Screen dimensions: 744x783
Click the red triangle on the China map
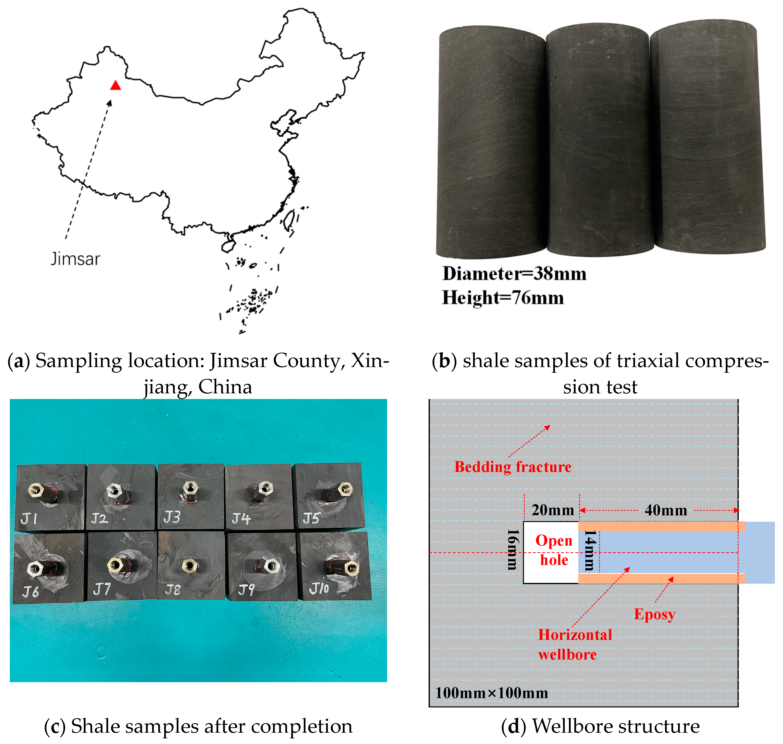[116, 85]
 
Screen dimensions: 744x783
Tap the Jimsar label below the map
[75, 259]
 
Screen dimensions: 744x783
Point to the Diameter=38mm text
[514, 274]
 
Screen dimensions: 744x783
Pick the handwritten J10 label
[319, 588]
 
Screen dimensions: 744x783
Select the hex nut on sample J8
[189, 565]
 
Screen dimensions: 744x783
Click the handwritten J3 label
[172, 517]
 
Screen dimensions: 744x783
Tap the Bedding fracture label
[513, 467]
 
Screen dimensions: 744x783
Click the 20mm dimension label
[553, 510]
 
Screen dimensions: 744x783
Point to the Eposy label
[654, 614]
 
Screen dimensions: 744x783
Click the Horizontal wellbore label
[575, 645]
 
